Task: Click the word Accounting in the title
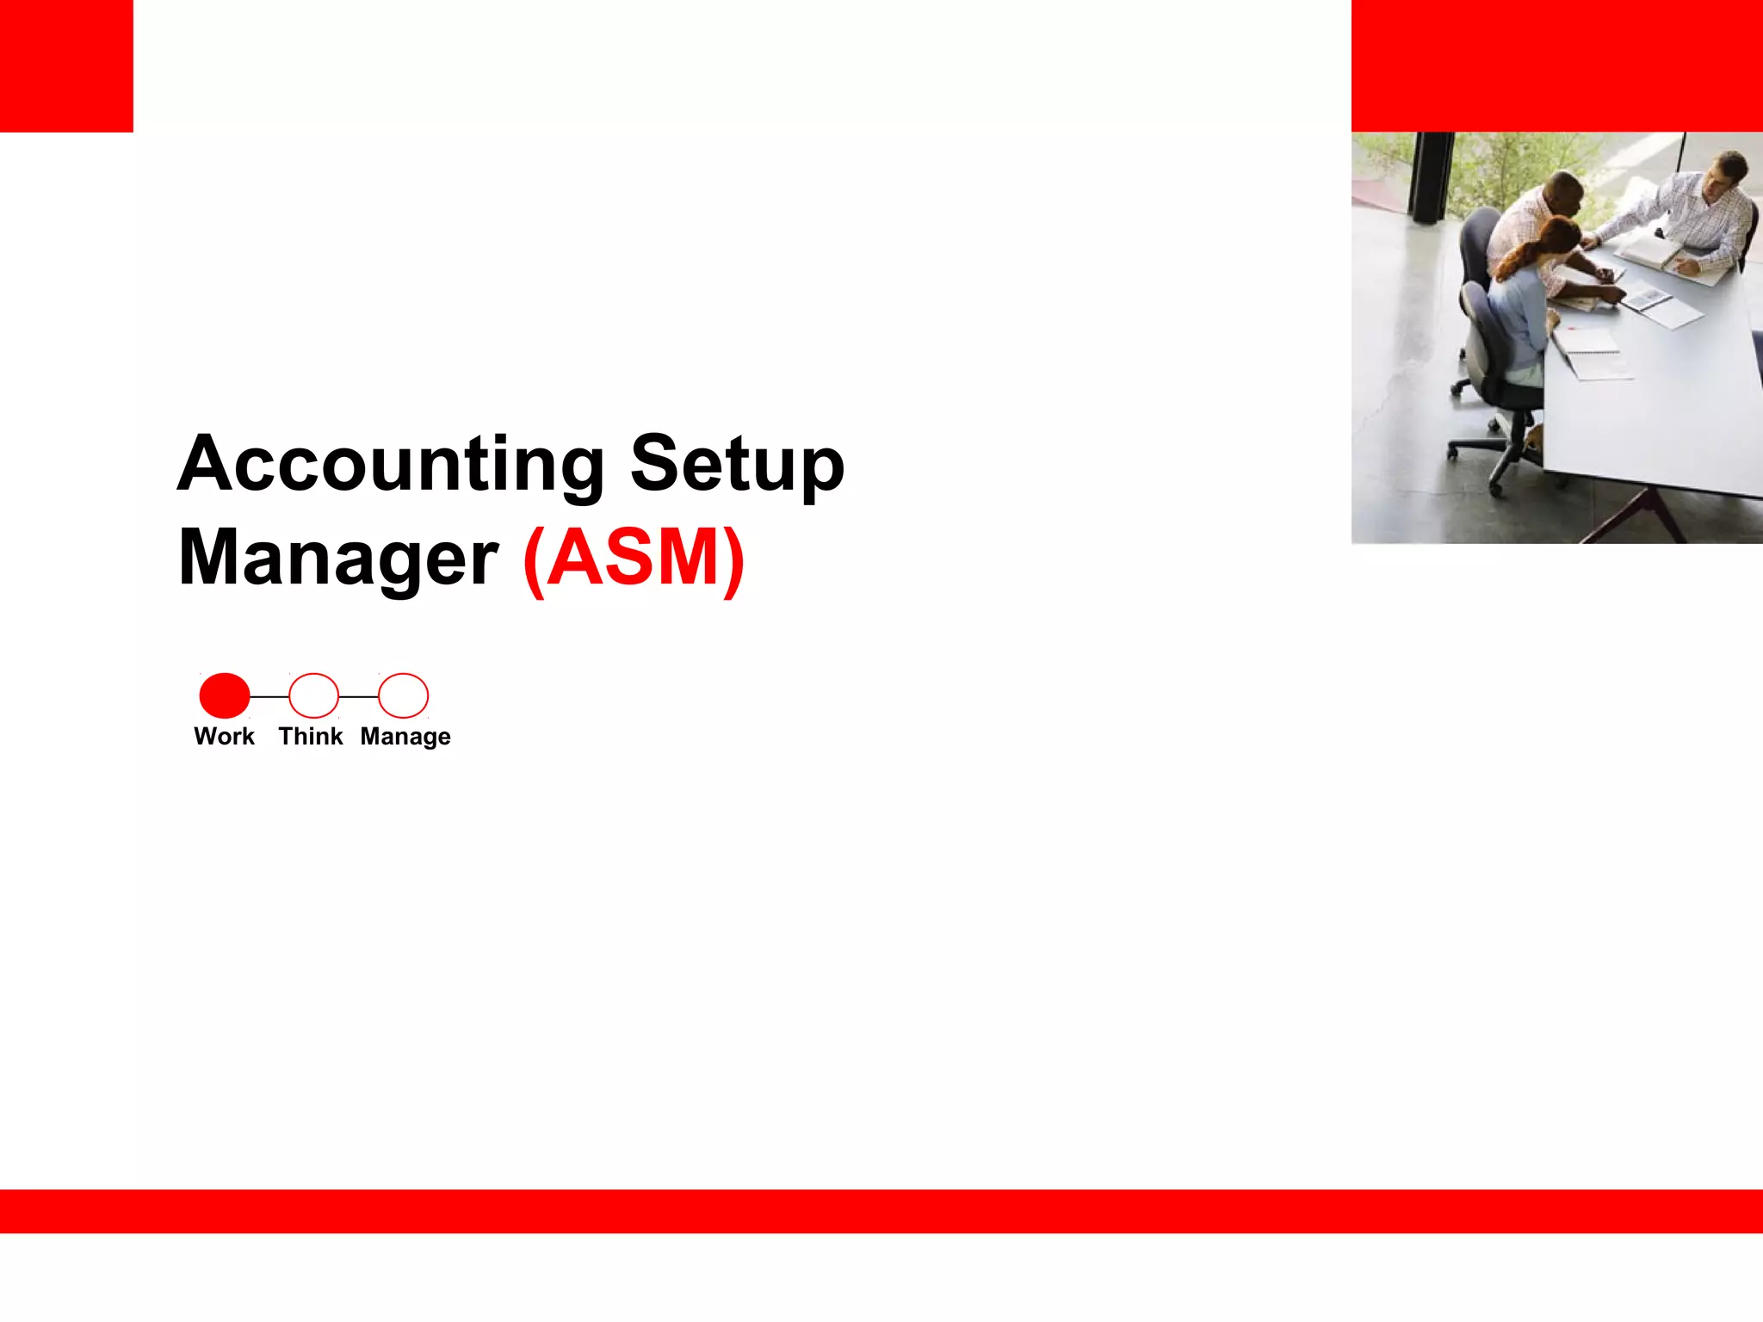click(391, 465)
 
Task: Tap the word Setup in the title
click(737, 465)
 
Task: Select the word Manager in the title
click(337, 559)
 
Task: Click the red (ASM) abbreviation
click(634, 559)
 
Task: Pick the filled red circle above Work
click(225, 695)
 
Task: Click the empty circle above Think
click(313, 695)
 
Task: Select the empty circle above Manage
click(403, 695)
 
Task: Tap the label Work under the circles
click(224, 737)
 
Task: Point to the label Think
click(310, 737)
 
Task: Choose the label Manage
click(405, 738)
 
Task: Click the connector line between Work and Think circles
click(269, 696)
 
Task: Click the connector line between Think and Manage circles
click(358, 696)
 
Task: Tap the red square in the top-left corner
click(66, 65)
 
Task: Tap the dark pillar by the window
click(1430, 176)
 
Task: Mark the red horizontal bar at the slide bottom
click(881, 1211)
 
